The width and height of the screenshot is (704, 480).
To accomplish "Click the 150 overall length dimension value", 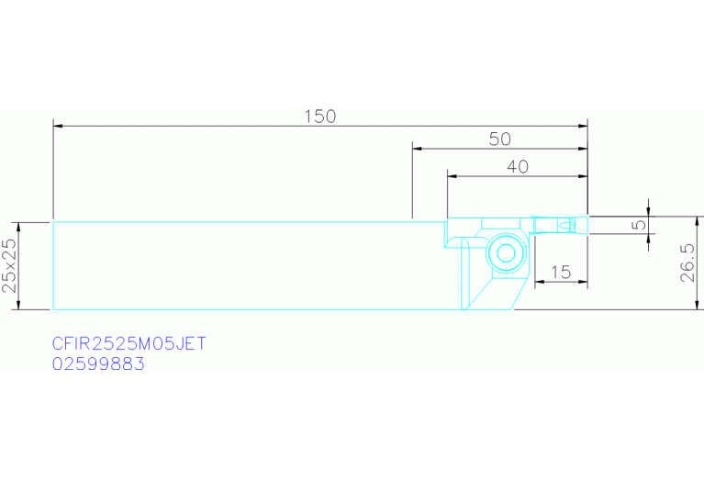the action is (x=320, y=117).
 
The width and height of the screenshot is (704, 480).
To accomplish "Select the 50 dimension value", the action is (x=499, y=139).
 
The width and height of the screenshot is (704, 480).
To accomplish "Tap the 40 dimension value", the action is (x=518, y=167).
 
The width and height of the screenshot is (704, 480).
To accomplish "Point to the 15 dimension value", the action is (x=561, y=272).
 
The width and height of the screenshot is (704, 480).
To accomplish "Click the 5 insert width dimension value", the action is (x=640, y=223).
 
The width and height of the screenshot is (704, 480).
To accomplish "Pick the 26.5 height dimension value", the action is (x=687, y=262).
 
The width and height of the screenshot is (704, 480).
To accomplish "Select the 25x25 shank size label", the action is (x=9, y=265).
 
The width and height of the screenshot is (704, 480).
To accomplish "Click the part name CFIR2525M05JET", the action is (x=129, y=344).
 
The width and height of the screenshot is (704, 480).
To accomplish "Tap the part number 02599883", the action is (x=98, y=363).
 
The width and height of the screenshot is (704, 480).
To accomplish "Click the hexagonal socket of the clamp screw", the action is (x=506, y=253).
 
